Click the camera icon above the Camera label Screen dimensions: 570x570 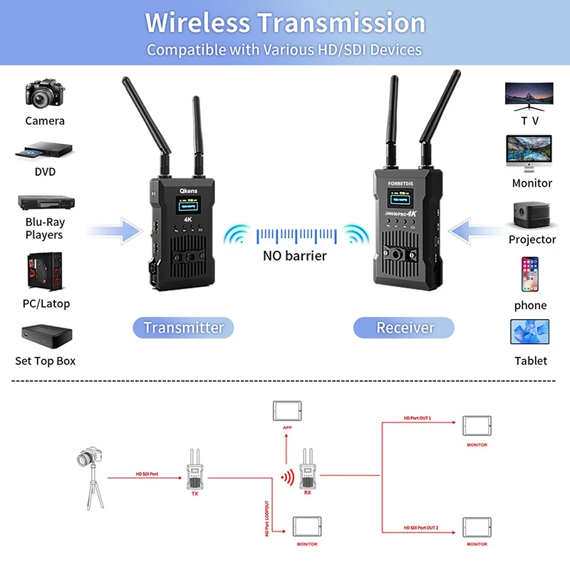(45, 93)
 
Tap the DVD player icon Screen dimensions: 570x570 (44, 150)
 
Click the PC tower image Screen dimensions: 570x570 (44, 271)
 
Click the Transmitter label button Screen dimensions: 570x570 (184, 328)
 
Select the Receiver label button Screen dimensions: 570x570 (405, 328)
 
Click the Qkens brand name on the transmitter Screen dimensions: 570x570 (188, 192)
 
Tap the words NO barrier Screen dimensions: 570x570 (294, 256)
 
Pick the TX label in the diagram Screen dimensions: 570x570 (195, 493)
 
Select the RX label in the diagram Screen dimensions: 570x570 (308, 492)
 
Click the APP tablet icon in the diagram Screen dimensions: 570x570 (287, 413)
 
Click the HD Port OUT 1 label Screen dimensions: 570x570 (418, 418)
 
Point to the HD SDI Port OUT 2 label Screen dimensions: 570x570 (420, 527)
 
